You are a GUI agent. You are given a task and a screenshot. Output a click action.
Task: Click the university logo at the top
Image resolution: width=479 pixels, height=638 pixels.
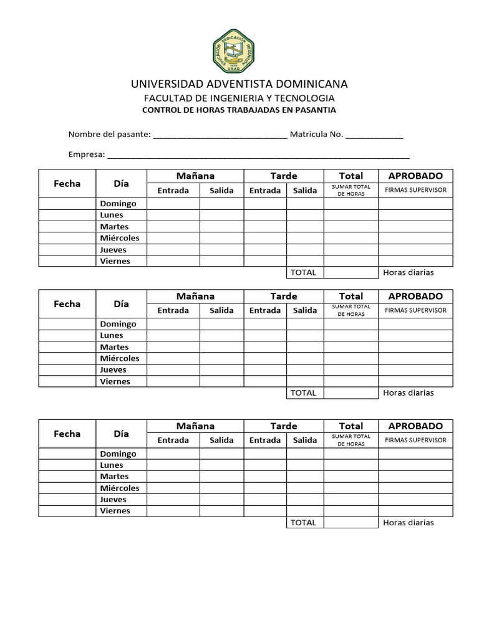click(x=233, y=51)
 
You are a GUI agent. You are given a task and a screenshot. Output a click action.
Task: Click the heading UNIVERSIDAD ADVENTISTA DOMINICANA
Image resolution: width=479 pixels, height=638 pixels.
click(x=239, y=84)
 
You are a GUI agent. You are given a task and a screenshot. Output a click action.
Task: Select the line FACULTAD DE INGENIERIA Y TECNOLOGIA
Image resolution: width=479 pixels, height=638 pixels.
click(x=239, y=98)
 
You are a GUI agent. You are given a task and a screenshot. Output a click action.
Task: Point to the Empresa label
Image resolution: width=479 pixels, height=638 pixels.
click(x=85, y=155)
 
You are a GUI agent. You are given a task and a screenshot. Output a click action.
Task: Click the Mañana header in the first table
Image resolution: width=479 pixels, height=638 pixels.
click(x=195, y=176)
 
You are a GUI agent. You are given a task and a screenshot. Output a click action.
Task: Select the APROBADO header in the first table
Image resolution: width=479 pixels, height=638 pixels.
click(x=415, y=176)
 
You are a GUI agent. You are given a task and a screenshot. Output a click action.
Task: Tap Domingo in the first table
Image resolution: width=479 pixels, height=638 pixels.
click(x=118, y=204)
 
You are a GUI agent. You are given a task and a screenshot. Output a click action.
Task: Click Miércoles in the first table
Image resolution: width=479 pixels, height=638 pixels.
click(x=120, y=238)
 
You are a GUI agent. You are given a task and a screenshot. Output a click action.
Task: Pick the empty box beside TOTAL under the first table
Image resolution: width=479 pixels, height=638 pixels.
click(x=351, y=272)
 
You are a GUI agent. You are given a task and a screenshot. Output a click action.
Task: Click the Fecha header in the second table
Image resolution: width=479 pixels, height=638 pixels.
click(x=67, y=304)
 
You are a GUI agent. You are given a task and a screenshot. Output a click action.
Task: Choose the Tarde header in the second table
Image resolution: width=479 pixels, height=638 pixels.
click(x=284, y=297)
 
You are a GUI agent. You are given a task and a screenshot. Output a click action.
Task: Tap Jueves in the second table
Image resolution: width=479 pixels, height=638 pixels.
click(x=114, y=370)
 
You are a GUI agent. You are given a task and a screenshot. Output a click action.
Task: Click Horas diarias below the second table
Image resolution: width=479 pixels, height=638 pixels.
click(x=409, y=393)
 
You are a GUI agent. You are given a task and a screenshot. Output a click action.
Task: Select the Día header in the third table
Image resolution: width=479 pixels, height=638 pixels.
click(x=121, y=434)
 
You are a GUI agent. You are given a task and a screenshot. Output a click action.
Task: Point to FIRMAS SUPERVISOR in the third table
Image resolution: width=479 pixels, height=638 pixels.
click(x=415, y=440)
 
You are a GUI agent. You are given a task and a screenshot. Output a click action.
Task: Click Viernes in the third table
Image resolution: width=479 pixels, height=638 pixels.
click(x=115, y=511)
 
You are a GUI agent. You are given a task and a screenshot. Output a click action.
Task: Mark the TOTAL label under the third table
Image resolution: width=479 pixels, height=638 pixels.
click(x=304, y=523)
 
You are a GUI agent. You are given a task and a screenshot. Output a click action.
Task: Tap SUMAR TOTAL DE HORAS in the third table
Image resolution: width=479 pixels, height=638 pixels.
click(x=351, y=440)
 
